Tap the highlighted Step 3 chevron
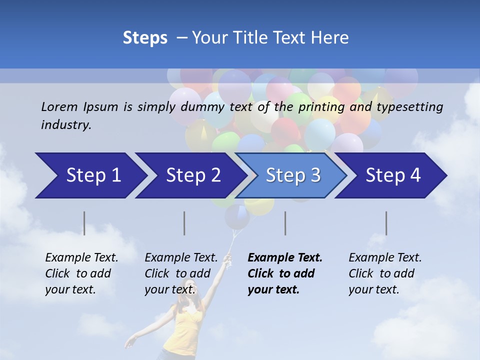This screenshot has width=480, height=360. [x=293, y=175]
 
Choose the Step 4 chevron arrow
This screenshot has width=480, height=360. [x=393, y=175]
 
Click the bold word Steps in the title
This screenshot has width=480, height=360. [x=145, y=37]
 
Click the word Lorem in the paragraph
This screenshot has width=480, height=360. [x=59, y=106]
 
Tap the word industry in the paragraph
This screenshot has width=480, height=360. [x=66, y=125]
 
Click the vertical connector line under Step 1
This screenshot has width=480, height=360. [x=84, y=223]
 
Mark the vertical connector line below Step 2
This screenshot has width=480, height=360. [x=184, y=223]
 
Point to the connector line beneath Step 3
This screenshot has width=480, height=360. [x=285, y=223]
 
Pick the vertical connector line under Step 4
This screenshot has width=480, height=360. [x=386, y=223]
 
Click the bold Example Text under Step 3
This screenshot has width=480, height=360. [x=285, y=258]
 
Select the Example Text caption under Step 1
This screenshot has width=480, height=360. [x=81, y=258]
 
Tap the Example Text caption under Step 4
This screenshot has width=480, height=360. [x=385, y=258]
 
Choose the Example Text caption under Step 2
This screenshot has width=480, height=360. [x=181, y=258]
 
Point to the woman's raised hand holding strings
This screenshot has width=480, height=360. [x=227, y=258]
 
